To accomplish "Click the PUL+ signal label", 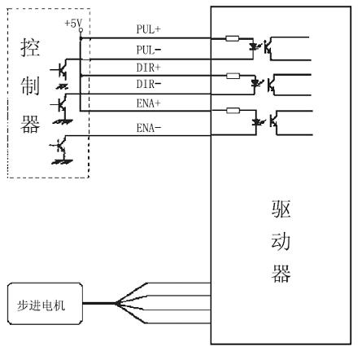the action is (x=148, y=29).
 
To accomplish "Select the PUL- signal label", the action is (x=149, y=50).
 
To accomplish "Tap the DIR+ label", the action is (x=148, y=68).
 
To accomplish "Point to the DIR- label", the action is (x=149, y=84).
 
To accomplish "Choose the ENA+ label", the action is (x=148, y=103).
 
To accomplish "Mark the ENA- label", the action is (x=149, y=128).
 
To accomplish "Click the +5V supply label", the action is (x=73, y=24).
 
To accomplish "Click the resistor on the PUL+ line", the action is (x=232, y=38).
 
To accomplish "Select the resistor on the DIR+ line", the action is (x=233, y=76).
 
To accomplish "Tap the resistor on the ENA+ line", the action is (x=233, y=111).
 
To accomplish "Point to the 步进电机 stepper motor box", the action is (x=45, y=304).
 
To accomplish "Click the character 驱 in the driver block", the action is (x=281, y=209).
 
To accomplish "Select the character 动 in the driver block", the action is (x=281, y=241).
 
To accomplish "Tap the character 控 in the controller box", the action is (x=30, y=48).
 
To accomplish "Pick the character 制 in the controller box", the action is (x=30, y=86).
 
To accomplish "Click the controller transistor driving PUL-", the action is (x=61, y=69).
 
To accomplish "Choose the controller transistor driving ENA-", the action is (x=60, y=147).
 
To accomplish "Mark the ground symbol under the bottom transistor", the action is (x=62, y=162).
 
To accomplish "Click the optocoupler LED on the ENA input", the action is (x=255, y=122).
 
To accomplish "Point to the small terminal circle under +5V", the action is (x=81, y=30).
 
